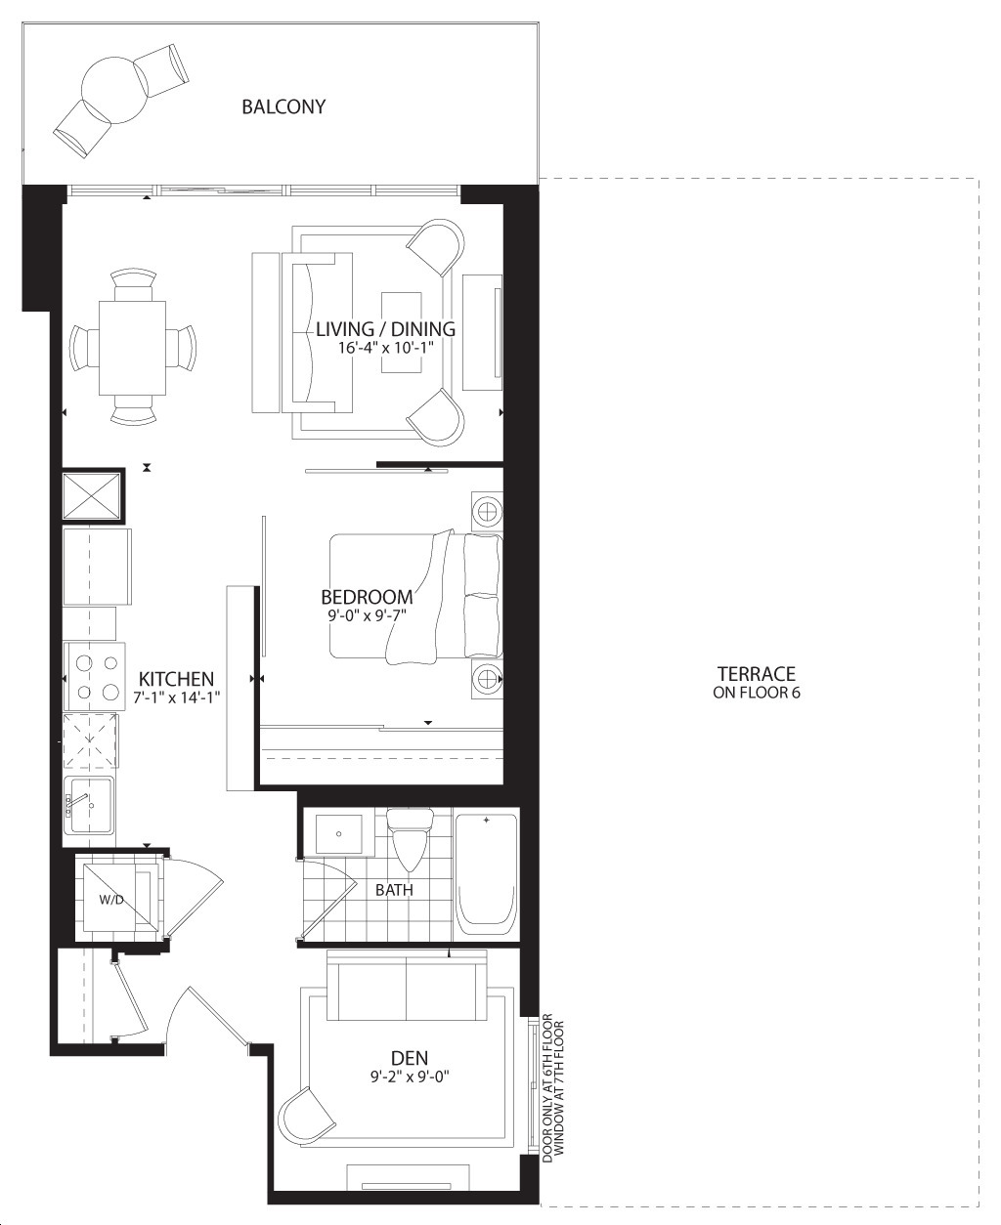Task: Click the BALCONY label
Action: (x=283, y=106)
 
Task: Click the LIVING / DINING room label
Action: (x=385, y=329)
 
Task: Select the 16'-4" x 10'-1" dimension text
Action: (x=386, y=348)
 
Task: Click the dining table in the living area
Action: (x=133, y=348)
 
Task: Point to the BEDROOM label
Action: (x=367, y=597)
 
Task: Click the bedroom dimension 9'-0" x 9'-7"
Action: (x=367, y=615)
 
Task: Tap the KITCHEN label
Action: (x=176, y=679)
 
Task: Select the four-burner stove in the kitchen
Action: (x=94, y=677)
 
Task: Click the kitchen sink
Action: (x=89, y=805)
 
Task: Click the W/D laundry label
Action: (x=111, y=900)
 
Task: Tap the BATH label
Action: (x=394, y=890)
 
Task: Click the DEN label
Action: (x=410, y=1058)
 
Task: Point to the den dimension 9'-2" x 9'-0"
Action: (x=411, y=1077)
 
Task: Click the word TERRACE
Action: (x=757, y=674)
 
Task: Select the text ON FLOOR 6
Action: (x=757, y=693)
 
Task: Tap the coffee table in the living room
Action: (x=402, y=333)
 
